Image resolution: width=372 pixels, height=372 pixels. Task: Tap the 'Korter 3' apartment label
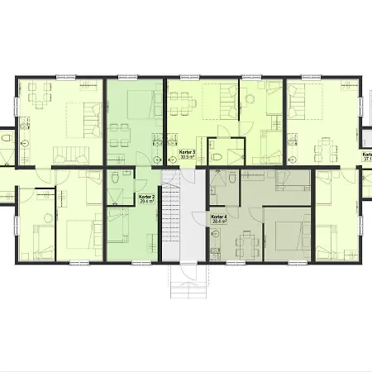tap(188, 152)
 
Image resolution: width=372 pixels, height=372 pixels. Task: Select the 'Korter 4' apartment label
tap(219, 217)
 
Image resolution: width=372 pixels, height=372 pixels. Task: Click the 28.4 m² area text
tap(219, 222)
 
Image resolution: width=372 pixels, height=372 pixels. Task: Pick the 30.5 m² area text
tap(188, 157)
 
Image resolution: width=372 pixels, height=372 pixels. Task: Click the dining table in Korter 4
tap(246, 241)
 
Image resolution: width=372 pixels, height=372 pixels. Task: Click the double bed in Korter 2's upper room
tap(142, 105)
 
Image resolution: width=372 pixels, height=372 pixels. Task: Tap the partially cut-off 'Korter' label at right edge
tap(365, 156)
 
